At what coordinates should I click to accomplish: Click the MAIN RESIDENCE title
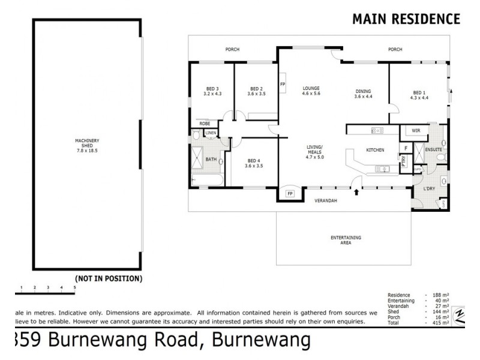[x=406, y=19]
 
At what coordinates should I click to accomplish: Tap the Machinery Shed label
[x=87, y=146]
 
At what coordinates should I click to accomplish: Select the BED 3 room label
[x=212, y=91]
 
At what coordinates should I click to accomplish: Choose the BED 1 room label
[x=419, y=95]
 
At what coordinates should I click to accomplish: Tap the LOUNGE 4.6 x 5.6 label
[x=311, y=91]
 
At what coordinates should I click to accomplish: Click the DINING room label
[x=363, y=94]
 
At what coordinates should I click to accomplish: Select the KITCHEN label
[x=375, y=150]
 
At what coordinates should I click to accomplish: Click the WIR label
[x=415, y=130]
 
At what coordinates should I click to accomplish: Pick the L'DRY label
[x=430, y=190]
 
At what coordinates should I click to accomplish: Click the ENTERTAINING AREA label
[x=346, y=241]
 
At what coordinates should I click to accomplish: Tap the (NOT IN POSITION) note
[x=108, y=278]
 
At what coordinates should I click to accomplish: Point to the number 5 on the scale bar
[x=74, y=288]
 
